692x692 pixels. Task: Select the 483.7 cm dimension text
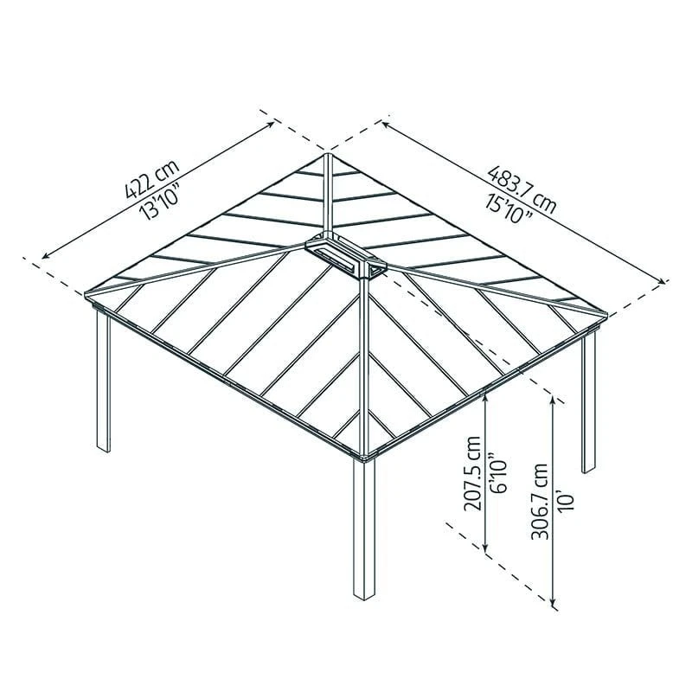(x=522, y=189)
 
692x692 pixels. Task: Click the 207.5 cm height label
(x=473, y=473)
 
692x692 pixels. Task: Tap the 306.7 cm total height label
(x=540, y=502)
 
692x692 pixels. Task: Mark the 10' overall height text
(x=567, y=503)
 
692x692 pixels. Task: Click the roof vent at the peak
(x=345, y=257)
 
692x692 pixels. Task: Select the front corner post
(x=364, y=529)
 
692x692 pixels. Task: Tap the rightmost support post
(x=588, y=401)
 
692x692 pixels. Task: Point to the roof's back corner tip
(x=327, y=154)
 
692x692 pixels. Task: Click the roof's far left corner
(x=85, y=293)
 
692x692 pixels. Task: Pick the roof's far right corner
(x=607, y=314)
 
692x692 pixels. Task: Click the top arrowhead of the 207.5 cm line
(x=486, y=395)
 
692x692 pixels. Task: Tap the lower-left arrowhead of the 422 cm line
(x=42, y=257)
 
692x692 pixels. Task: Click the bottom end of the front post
(x=364, y=599)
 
